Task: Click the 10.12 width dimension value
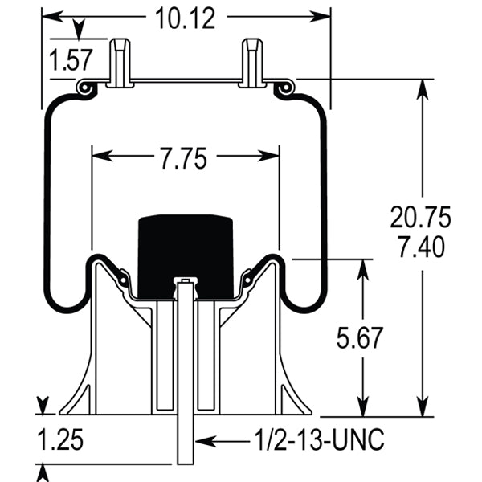[x=186, y=18]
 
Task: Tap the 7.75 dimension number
[x=185, y=158]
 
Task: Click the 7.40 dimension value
[x=420, y=248]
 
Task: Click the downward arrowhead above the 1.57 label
[x=79, y=32]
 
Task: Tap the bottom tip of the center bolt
[x=186, y=464]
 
